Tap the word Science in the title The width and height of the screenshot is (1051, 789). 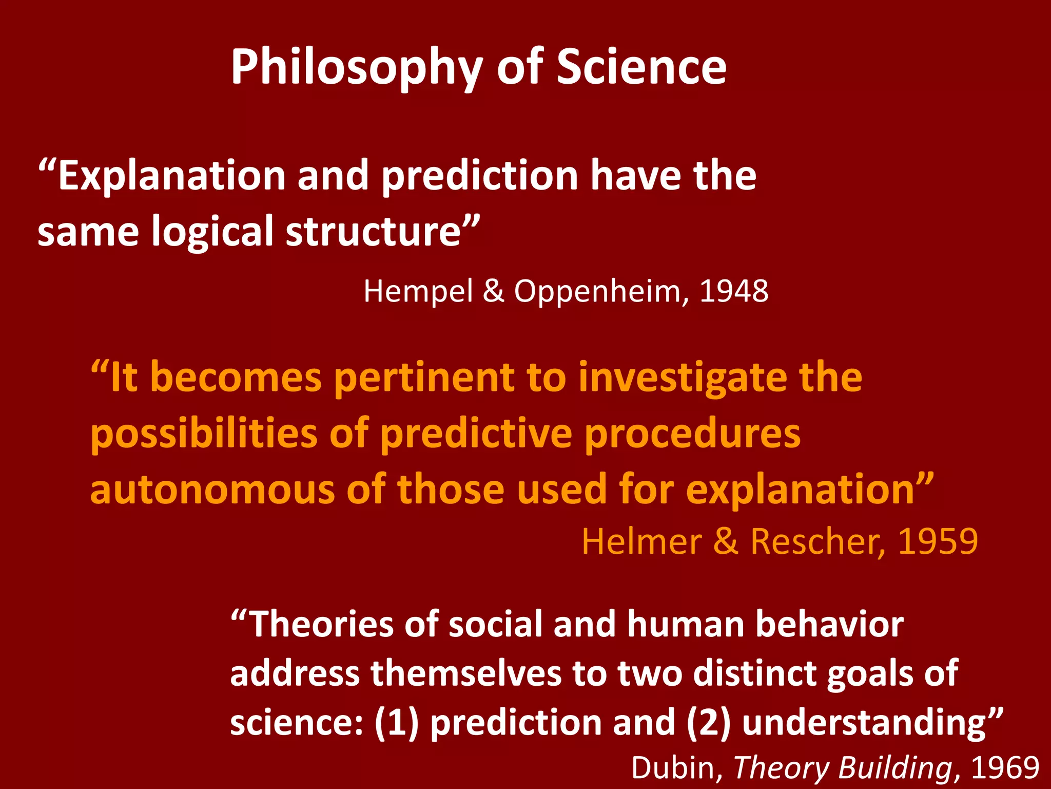pos(641,67)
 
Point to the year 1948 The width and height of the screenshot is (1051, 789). pos(734,291)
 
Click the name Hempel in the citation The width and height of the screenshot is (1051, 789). pos(418,292)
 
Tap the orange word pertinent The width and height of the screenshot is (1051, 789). pos(424,378)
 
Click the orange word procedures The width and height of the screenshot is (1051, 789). pos(693,434)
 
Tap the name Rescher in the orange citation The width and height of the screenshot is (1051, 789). pos(818,541)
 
